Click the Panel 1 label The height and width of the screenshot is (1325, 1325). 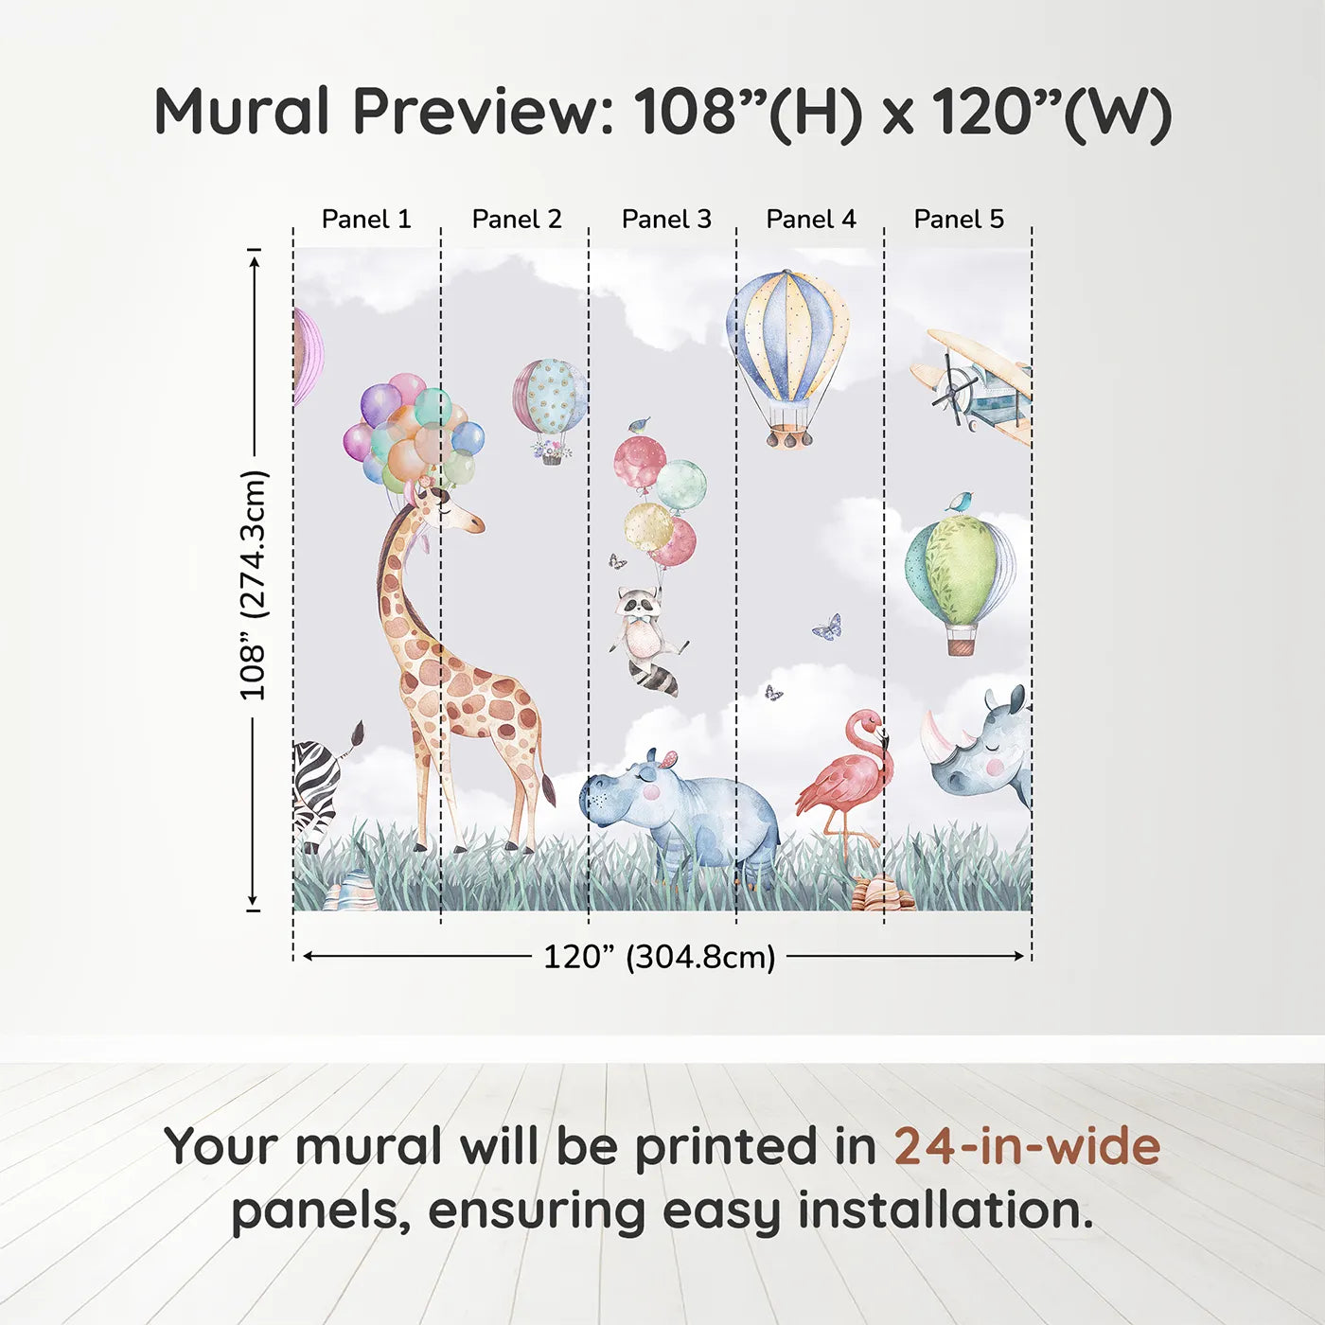[x=366, y=219]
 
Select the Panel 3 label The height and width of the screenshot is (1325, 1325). [x=666, y=219]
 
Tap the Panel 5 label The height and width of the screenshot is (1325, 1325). [x=959, y=219]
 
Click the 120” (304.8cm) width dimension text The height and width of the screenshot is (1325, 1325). [x=659, y=957]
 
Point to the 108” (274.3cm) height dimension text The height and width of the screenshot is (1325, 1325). [x=254, y=585]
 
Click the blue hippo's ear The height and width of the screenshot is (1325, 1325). [x=668, y=757]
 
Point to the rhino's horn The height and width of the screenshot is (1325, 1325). [x=937, y=731]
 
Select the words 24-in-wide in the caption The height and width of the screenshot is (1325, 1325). [x=1027, y=1146]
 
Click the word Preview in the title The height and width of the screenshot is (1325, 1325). [x=483, y=112]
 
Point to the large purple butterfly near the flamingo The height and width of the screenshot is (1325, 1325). [x=827, y=627]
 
